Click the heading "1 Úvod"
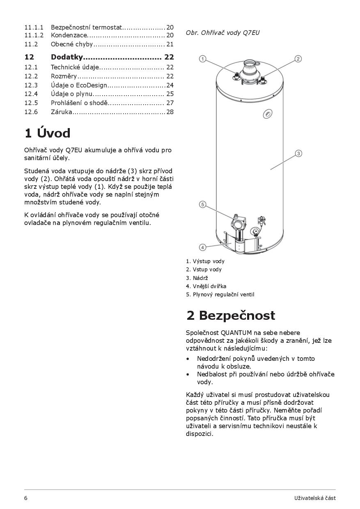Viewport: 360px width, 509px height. pos(47,133)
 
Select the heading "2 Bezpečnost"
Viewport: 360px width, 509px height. pos(230,315)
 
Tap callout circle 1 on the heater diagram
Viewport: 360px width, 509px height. pos(202,59)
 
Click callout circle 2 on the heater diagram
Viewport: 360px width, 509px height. pos(298,59)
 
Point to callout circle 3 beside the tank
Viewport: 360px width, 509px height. pos(298,154)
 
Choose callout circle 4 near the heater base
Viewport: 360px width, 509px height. pos(202,247)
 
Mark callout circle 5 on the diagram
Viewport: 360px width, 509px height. pos(202,204)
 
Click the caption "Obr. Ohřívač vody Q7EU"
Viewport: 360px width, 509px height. pos(222,32)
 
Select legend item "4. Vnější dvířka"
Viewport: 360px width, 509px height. pos(206,286)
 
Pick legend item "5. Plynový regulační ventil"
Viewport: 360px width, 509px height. pos(220,294)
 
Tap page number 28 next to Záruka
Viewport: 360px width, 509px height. pos(170,112)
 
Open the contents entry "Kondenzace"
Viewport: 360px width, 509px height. pos(69,35)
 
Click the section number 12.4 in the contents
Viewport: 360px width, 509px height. pos(31,94)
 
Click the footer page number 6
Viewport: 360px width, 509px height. pos(26,498)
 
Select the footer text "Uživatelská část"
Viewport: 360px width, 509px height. pos(315,498)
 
